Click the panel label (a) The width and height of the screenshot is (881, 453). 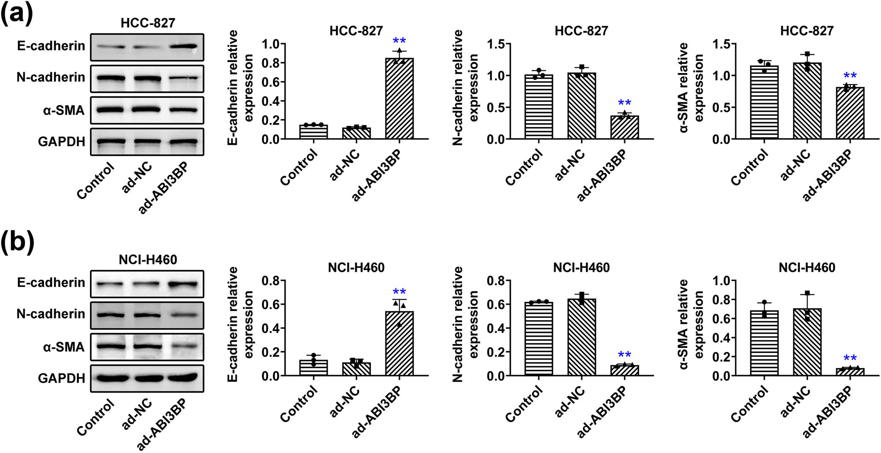click(17, 13)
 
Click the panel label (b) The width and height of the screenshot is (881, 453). click(17, 242)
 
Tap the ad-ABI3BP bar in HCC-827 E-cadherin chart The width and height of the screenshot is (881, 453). click(399, 99)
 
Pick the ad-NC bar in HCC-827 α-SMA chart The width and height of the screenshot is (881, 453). click(807, 101)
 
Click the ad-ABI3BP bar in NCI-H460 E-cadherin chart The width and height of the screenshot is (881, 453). click(399, 343)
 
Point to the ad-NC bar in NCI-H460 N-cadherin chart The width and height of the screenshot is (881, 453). click(581, 337)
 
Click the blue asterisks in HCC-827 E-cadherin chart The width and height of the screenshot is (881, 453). click(399, 41)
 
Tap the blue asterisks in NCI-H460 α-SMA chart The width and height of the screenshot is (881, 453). click(850, 358)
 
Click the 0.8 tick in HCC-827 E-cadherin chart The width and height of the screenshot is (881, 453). click(270, 63)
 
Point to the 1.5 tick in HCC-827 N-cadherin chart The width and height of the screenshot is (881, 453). click(496, 44)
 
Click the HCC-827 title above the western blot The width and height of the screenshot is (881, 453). click(148, 23)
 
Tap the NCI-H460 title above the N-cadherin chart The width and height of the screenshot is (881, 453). click(581, 267)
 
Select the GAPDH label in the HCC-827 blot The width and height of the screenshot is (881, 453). click(62, 142)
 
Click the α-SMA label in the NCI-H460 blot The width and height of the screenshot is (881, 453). click(64, 347)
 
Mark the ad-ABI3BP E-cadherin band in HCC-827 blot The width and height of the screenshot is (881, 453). click(185, 46)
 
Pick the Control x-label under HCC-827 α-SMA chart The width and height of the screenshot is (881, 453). click(749, 167)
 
